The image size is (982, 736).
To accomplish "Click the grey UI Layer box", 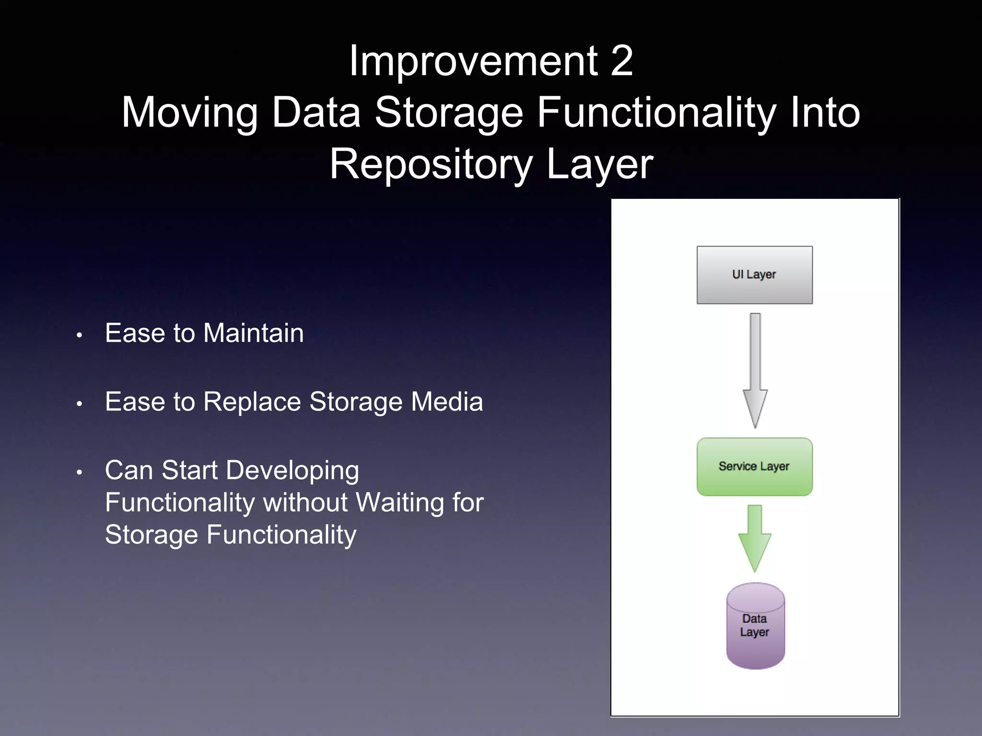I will point(754,275).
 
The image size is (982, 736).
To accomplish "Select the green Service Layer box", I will point(754,467).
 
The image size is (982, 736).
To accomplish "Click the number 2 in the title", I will point(622,61).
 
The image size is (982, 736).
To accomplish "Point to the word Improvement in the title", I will point(473,61).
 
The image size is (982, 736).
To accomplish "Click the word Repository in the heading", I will point(431,164).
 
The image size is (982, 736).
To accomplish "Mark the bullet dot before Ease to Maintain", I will point(80,335).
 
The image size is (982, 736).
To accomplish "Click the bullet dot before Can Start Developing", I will point(80,472).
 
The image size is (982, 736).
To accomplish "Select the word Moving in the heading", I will point(189,113).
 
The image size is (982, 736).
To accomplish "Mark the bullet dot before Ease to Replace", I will point(80,404).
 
